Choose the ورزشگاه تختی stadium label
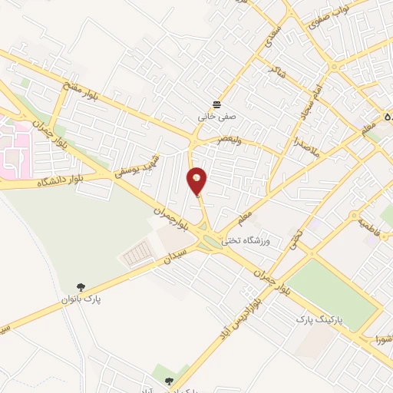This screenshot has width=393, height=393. [248, 241]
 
